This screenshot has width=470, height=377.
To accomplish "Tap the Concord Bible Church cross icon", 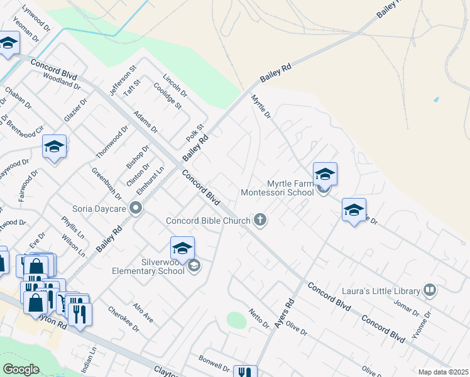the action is [x=260, y=220].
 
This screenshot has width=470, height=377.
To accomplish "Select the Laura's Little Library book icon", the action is [x=430, y=290].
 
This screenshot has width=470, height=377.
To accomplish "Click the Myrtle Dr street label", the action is [x=261, y=107].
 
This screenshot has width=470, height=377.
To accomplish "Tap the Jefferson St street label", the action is [x=123, y=80].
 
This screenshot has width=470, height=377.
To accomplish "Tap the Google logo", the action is [x=21, y=369].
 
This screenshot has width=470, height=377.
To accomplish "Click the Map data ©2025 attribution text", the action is [x=443, y=372].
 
